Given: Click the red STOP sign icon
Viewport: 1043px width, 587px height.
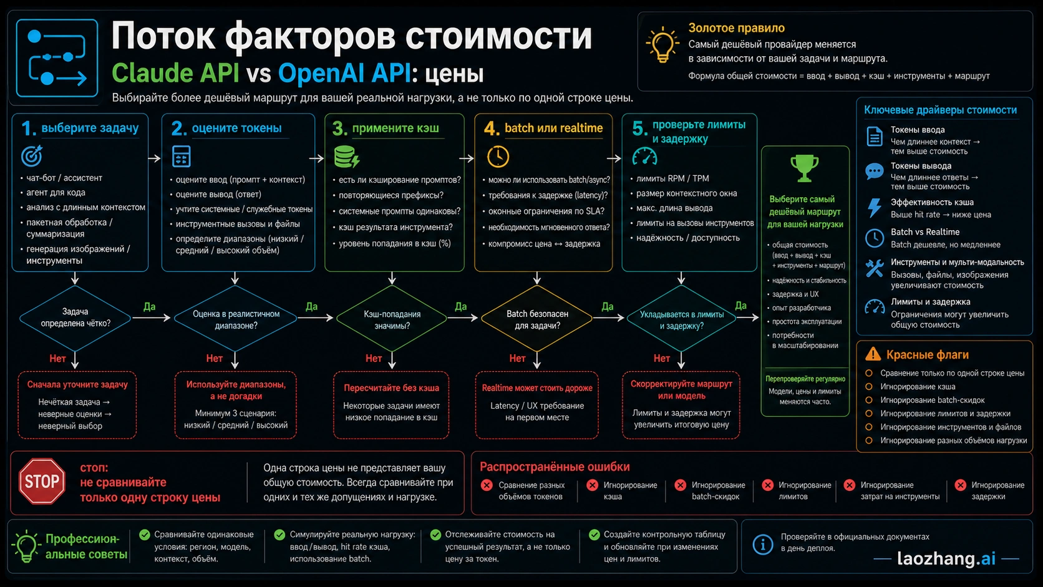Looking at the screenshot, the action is [x=42, y=481].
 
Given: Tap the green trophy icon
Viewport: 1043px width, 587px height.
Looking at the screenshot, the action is [x=804, y=168].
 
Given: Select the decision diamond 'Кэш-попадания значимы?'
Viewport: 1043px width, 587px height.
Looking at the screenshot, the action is [x=392, y=318].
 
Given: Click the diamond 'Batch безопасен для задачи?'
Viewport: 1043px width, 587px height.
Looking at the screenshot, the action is [x=537, y=318].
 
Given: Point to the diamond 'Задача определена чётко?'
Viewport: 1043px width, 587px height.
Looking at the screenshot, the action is [x=75, y=318].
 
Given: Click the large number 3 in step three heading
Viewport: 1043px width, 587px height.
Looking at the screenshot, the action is [x=339, y=129].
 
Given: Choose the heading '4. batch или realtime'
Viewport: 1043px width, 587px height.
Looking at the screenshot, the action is [x=543, y=128].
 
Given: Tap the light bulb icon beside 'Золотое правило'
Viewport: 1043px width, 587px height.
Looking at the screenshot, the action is [x=662, y=45].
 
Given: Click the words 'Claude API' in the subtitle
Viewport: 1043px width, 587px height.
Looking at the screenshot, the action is [x=175, y=73].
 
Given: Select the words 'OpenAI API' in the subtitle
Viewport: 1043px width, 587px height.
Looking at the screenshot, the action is [x=344, y=73].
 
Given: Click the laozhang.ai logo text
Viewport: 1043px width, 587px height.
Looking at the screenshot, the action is [x=946, y=558].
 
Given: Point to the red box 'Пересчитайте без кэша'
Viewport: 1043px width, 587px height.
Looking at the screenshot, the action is [x=391, y=405].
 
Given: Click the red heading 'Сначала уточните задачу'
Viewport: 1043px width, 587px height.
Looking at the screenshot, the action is [x=77, y=384].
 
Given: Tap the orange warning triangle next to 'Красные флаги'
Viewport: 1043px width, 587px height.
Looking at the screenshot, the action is [x=873, y=354].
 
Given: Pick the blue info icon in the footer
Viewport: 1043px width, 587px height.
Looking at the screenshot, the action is [x=763, y=544].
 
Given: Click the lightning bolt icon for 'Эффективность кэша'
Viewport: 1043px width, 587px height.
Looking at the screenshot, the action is [x=875, y=208].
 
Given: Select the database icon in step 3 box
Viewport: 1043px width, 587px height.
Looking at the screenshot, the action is [x=346, y=157].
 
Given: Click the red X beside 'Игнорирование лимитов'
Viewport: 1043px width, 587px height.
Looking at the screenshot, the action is [x=767, y=485].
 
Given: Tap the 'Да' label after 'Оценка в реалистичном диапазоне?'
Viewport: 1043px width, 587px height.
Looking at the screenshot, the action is [x=311, y=306].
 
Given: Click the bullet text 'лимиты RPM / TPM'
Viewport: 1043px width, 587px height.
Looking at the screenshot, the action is [x=672, y=178].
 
